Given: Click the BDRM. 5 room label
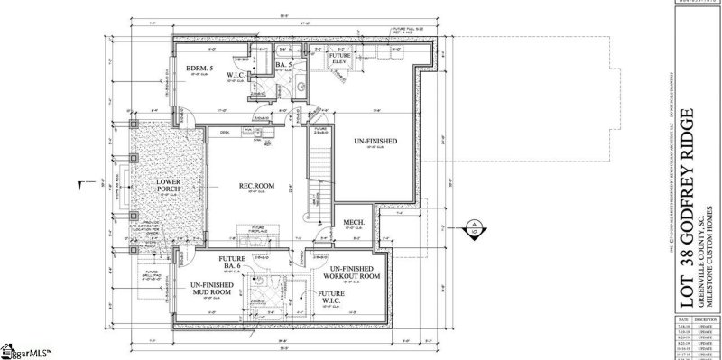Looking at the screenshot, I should click(199, 69).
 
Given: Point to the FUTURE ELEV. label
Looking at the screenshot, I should click(339, 60).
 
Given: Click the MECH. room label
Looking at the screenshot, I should click(352, 221).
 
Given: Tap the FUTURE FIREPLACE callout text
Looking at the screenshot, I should click(257, 230).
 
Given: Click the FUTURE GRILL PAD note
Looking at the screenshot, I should click(150, 274).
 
